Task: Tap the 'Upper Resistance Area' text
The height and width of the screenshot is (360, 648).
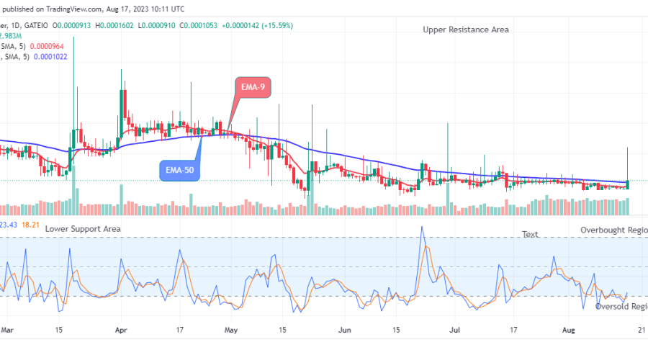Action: (x=466, y=30)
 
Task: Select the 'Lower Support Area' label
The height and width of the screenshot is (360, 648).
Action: (x=83, y=228)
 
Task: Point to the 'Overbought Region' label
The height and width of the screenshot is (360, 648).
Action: (x=613, y=230)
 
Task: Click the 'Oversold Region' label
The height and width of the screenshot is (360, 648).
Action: (x=621, y=306)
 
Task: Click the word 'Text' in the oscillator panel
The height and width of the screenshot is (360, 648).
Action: (x=530, y=234)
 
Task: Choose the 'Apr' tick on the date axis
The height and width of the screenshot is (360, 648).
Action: (x=122, y=330)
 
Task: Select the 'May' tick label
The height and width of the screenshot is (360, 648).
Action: (x=231, y=330)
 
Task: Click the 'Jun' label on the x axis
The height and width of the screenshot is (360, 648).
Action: (x=346, y=330)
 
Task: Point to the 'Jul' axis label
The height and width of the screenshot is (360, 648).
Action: (x=456, y=330)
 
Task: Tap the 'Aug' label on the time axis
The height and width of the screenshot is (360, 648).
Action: (x=569, y=330)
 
